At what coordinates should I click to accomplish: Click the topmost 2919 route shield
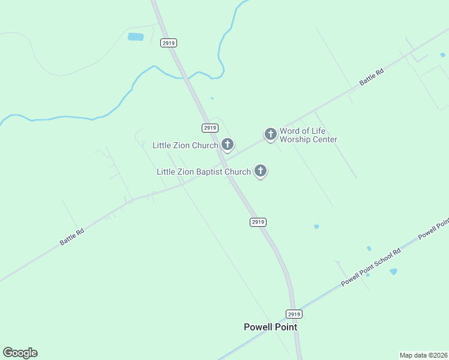169,43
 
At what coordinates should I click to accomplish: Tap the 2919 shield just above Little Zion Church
209,128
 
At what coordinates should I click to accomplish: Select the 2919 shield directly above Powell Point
293,314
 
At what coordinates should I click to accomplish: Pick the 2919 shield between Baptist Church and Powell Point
258,222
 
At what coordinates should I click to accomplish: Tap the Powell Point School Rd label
370,268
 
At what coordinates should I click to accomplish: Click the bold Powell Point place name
270,327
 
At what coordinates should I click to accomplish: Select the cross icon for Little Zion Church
228,144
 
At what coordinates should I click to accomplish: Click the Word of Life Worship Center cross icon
271,133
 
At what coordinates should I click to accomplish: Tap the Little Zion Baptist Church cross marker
261,171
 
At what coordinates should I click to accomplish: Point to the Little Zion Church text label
185,145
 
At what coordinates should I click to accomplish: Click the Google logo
20,353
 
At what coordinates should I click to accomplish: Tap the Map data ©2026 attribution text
423,355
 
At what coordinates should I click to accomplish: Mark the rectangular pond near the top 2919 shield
136,37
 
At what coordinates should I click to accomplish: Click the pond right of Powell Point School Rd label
393,272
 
